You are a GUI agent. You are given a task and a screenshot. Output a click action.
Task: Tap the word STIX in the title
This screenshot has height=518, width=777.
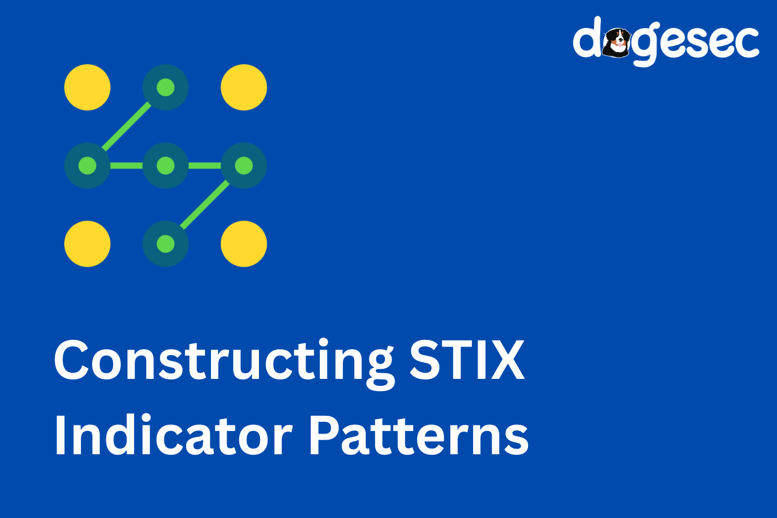tap(467, 360)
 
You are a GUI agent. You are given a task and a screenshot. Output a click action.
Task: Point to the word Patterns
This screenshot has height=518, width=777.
tap(418, 435)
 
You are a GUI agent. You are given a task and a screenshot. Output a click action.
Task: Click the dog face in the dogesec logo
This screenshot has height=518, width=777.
tap(617, 42)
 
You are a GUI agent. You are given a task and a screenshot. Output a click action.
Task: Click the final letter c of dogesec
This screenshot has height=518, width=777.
tap(746, 42)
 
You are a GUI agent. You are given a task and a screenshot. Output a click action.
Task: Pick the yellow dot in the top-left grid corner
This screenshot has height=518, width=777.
tap(88, 87)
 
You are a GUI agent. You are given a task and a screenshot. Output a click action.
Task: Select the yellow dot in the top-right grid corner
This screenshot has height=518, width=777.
tap(244, 87)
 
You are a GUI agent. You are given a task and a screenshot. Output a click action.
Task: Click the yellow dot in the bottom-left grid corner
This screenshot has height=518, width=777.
tap(88, 244)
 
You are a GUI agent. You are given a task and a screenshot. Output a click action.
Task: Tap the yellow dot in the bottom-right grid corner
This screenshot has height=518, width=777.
tap(244, 244)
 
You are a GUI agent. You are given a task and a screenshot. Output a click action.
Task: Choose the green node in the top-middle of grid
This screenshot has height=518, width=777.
tap(165, 87)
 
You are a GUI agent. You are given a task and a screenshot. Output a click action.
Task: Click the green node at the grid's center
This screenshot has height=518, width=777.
tap(165, 165)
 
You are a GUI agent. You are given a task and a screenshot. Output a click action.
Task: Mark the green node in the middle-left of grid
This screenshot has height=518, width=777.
tap(88, 165)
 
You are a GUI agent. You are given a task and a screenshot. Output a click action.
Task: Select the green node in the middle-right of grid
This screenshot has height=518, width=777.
tap(244, 165)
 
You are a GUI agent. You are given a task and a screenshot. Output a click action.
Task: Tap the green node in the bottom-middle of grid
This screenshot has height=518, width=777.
tap(165, 244)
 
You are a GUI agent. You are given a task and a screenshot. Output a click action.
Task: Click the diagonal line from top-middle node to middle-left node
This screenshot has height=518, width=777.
tap(126, 126)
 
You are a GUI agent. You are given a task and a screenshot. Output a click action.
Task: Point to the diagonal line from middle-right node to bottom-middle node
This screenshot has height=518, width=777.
tap(205, 205)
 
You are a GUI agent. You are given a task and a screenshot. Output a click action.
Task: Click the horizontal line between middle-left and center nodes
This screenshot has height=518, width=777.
tap(126, 165)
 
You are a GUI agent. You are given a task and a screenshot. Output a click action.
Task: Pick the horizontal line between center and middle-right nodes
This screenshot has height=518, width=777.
tap(205, 165)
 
